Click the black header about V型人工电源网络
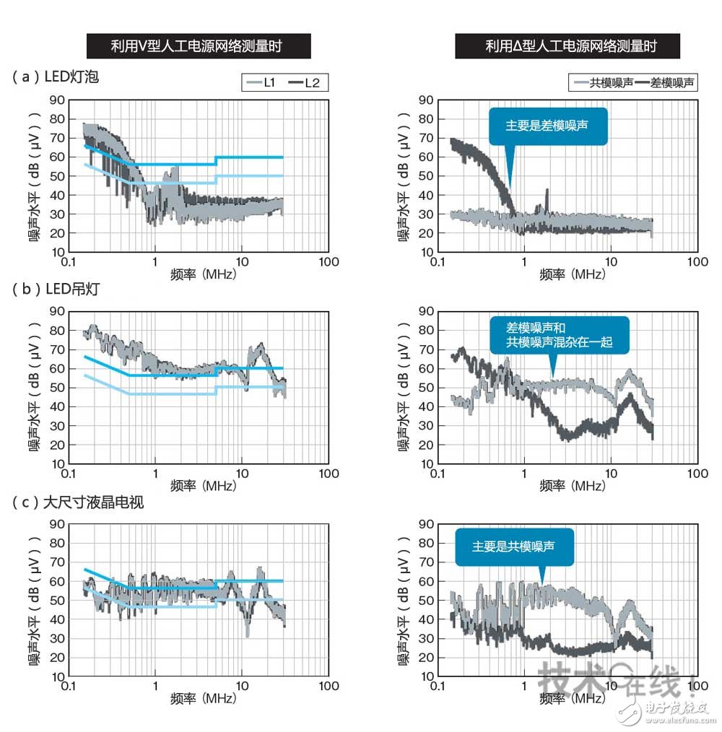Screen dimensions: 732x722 199,47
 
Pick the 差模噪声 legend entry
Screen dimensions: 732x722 664,83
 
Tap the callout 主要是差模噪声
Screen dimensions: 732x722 547,126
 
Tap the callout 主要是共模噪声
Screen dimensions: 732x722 514,546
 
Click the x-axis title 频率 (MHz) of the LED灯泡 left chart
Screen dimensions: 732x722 204,274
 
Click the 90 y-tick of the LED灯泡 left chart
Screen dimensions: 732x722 56,100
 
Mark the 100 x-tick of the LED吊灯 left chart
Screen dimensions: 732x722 329,474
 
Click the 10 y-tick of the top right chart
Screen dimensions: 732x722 425,252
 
